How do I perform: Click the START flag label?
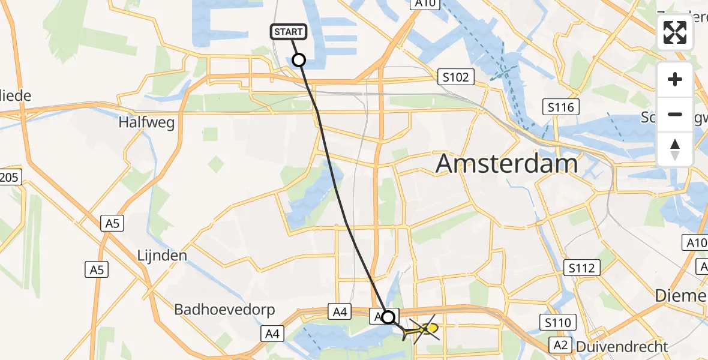point(290,31)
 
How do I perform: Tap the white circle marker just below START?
point(298,60)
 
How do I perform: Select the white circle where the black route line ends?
point(389,317)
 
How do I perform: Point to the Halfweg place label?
point(146,122)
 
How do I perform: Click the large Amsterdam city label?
point(507,163)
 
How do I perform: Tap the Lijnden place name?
point(162,256)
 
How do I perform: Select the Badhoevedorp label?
point(224,310)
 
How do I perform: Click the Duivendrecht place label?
point(622,347)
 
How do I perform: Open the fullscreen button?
point(675,32)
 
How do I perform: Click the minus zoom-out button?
point(675,114)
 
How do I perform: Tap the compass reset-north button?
point(675,149)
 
